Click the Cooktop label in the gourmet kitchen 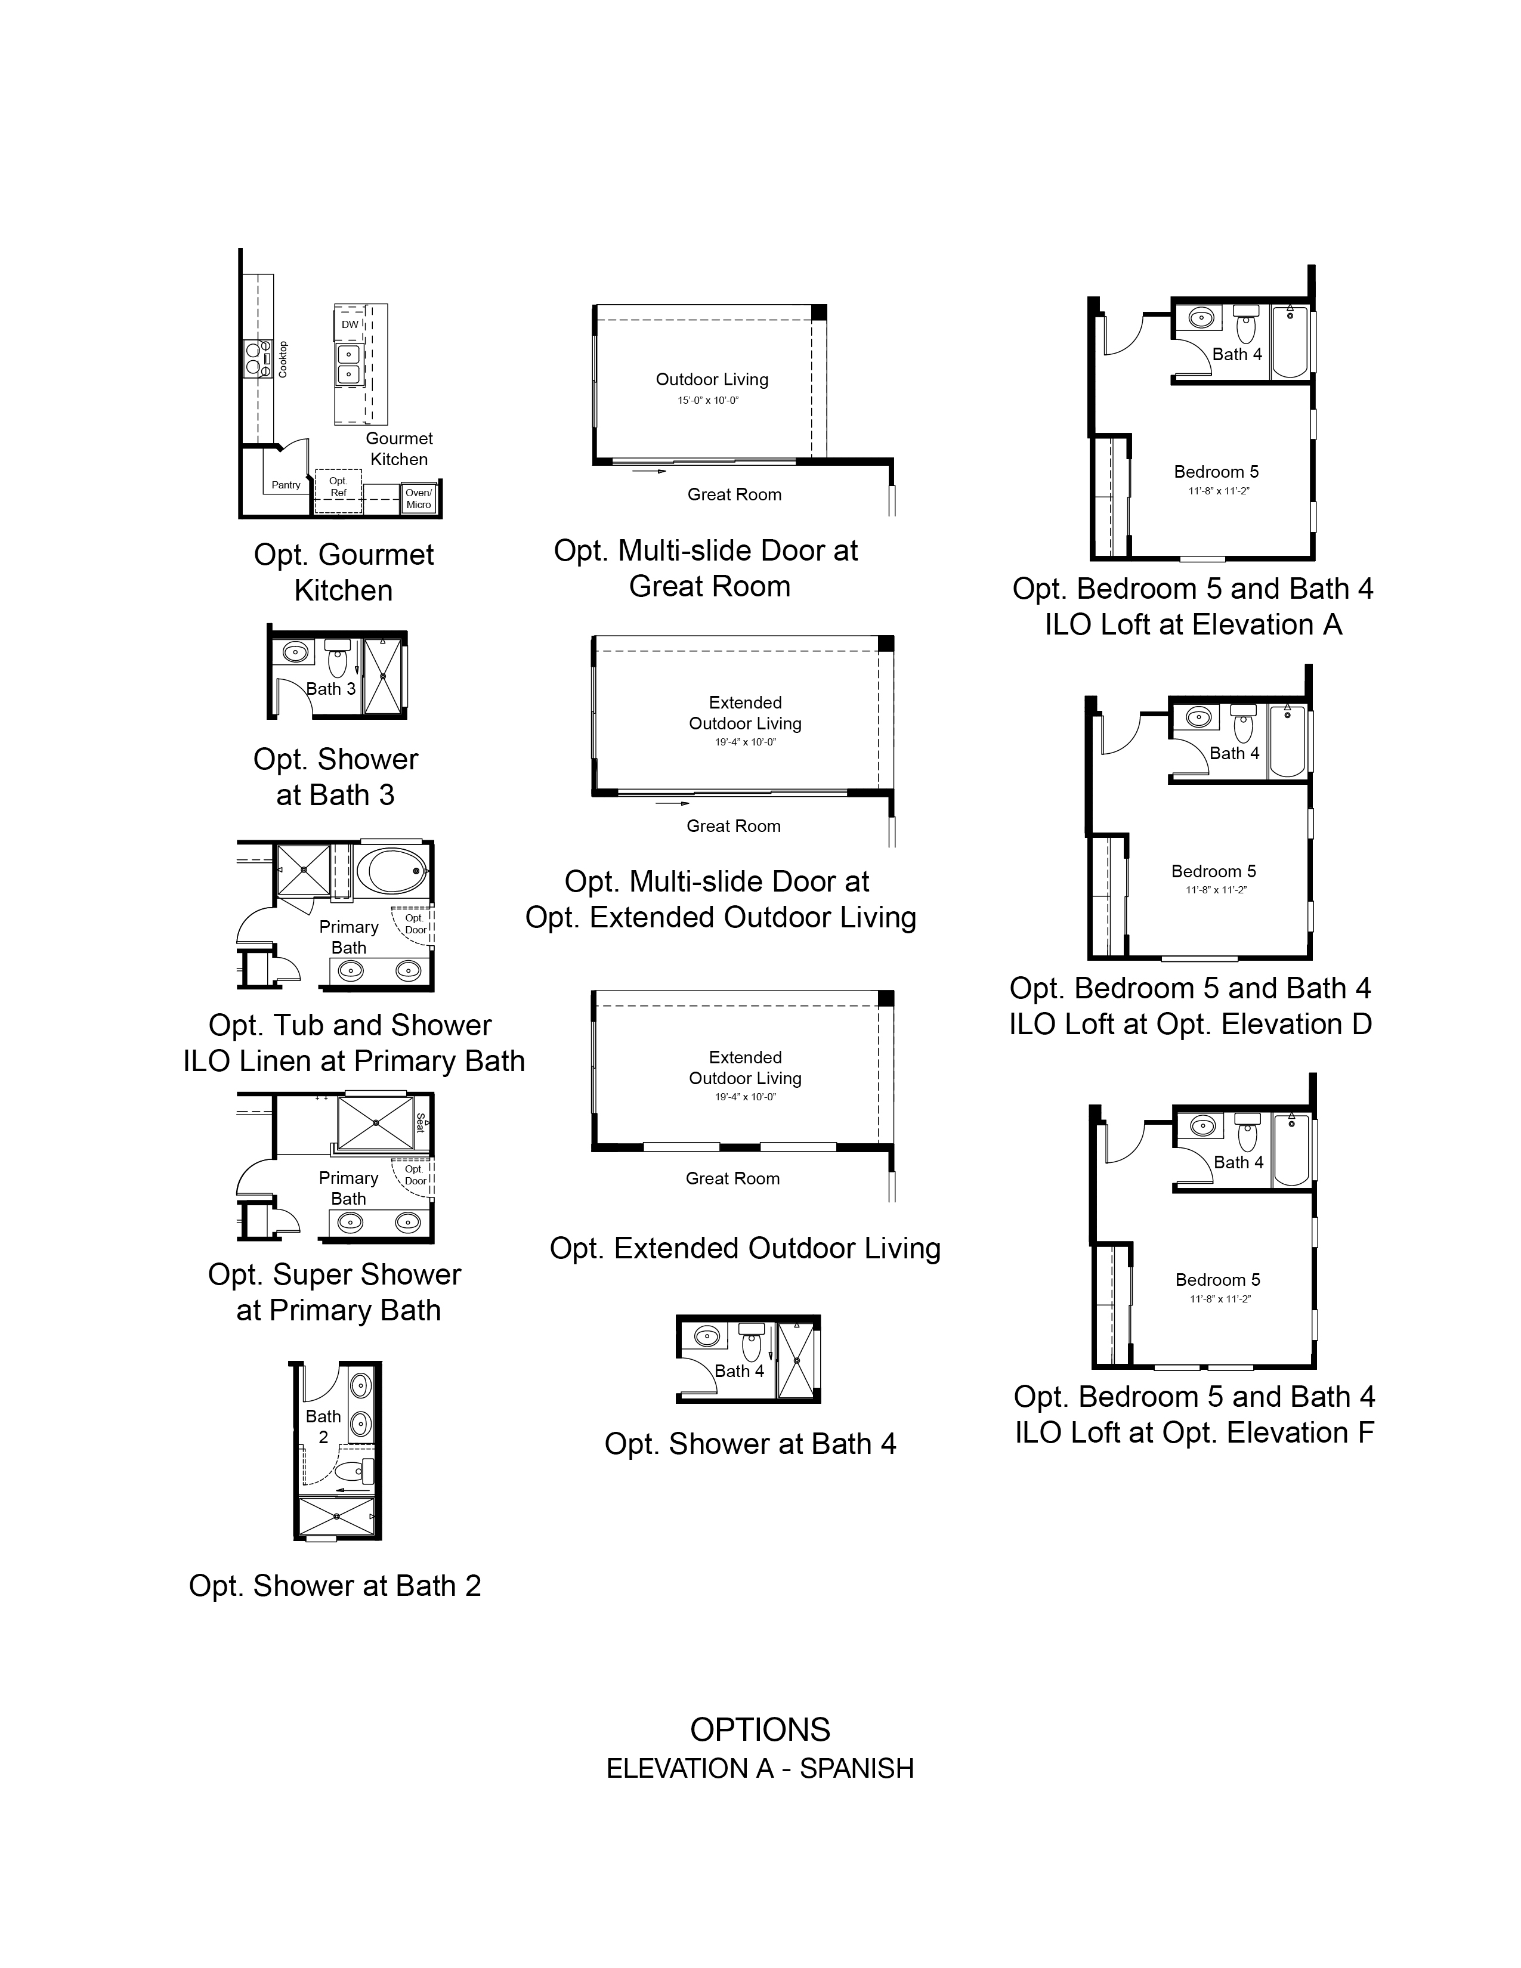coord(283,358)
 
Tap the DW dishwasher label coord(350,324)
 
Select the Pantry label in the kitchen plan coord(286,485)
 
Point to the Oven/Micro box coord(419,499)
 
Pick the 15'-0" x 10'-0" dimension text coord(708,400)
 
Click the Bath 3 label coord(330,688)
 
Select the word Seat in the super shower coord(421,1123)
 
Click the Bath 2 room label coord(323,1427)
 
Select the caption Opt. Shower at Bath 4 coord(750,1444)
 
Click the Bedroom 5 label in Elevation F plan coord(1218,1280)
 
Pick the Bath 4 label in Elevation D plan coord(1235,753)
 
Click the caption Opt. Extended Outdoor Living coord(745,1248)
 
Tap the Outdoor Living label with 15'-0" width coord(712,379)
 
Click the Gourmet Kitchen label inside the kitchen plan coord(399,448)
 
